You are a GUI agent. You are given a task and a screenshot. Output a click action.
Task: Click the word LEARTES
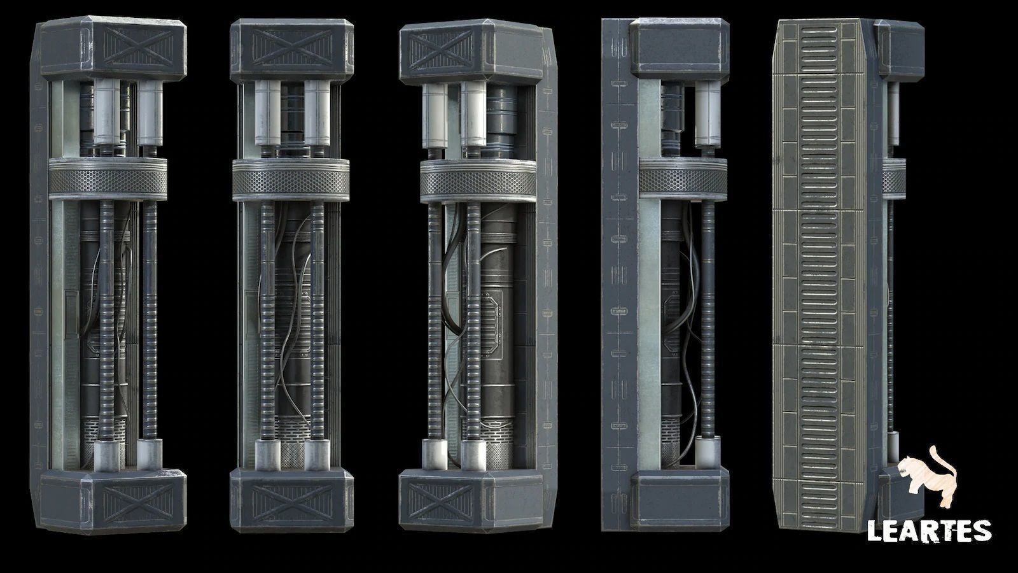click(x=928, y=530)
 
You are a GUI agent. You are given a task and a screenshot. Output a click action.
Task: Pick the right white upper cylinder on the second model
click(x=316, y=113)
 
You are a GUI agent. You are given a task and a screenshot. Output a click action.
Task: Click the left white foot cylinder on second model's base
click(x=267, y=455)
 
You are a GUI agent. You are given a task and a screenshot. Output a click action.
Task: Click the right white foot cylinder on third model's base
click(x=473, y=455)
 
